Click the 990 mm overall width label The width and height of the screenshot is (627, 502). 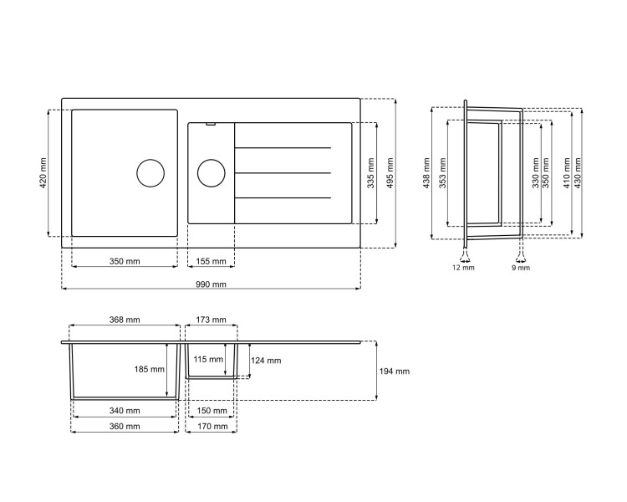[211, 284]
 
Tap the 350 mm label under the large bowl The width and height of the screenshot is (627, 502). [125, 262]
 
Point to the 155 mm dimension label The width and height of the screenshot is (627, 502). [211, 262]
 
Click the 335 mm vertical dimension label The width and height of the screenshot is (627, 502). [370, 173]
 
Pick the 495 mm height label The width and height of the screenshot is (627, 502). [390, 173]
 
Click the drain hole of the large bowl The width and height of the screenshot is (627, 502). [150, 173]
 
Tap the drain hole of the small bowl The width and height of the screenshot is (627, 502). [211, 174]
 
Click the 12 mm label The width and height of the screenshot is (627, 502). [463, 269]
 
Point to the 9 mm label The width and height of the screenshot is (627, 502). [520, 269]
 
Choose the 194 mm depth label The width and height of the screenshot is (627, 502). [393, 371]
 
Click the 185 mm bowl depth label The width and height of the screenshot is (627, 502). [150, 370]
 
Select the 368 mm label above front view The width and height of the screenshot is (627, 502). [125, 320]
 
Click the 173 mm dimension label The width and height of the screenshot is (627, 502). [211, 320]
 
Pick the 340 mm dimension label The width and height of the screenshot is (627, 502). [125, 411]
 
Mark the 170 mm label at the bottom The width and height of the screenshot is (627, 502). [211, 426]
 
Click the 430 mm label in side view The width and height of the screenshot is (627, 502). [584, 173]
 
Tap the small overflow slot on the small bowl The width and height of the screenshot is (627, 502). [211, 125]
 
